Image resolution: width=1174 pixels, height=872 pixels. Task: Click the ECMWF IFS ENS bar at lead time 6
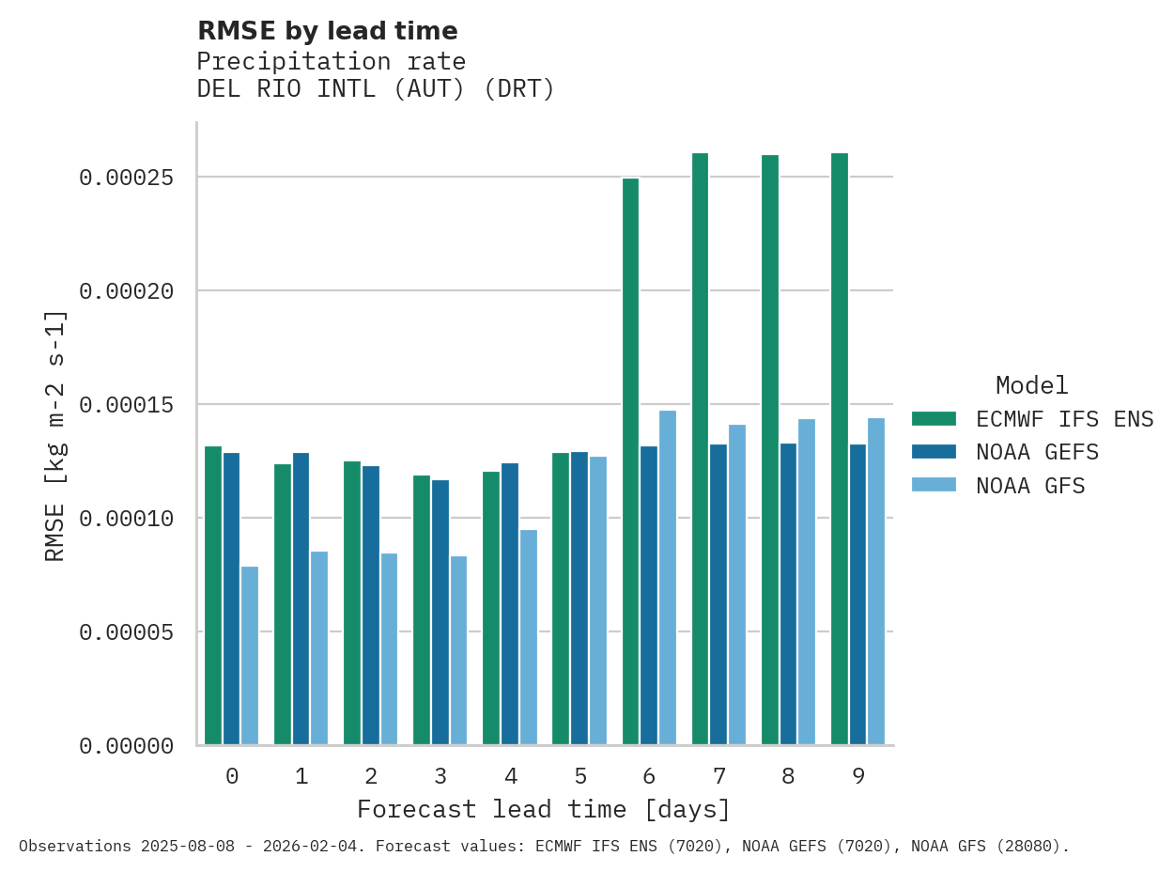click(x=630, y=461)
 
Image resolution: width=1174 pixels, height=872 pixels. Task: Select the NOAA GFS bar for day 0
click(x=250, y=655)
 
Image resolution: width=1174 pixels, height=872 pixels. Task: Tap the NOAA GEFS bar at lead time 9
click(x=858, y=594)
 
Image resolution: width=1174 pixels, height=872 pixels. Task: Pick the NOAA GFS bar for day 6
click(x=668, y=577)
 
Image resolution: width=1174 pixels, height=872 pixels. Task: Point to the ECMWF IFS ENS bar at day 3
click(x=422, y=610)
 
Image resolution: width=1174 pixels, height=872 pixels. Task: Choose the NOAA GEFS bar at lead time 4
click(x=510, y=603)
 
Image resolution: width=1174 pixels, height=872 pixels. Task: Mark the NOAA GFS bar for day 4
click(x=529, y=637)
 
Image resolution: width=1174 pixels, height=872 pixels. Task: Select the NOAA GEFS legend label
click(x=1037, y=452)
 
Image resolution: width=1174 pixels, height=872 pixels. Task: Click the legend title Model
click(x=1032, y=385)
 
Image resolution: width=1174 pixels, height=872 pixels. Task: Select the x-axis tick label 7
click(x=719, y=776)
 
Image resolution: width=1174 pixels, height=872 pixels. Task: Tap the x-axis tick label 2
click(x=371, y=776)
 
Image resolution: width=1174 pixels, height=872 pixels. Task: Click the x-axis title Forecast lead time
click(x=544, y=809)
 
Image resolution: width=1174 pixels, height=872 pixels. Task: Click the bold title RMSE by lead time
click(x=328, y=31)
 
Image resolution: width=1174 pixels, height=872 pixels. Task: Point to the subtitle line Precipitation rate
click(x=332, y=62)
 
